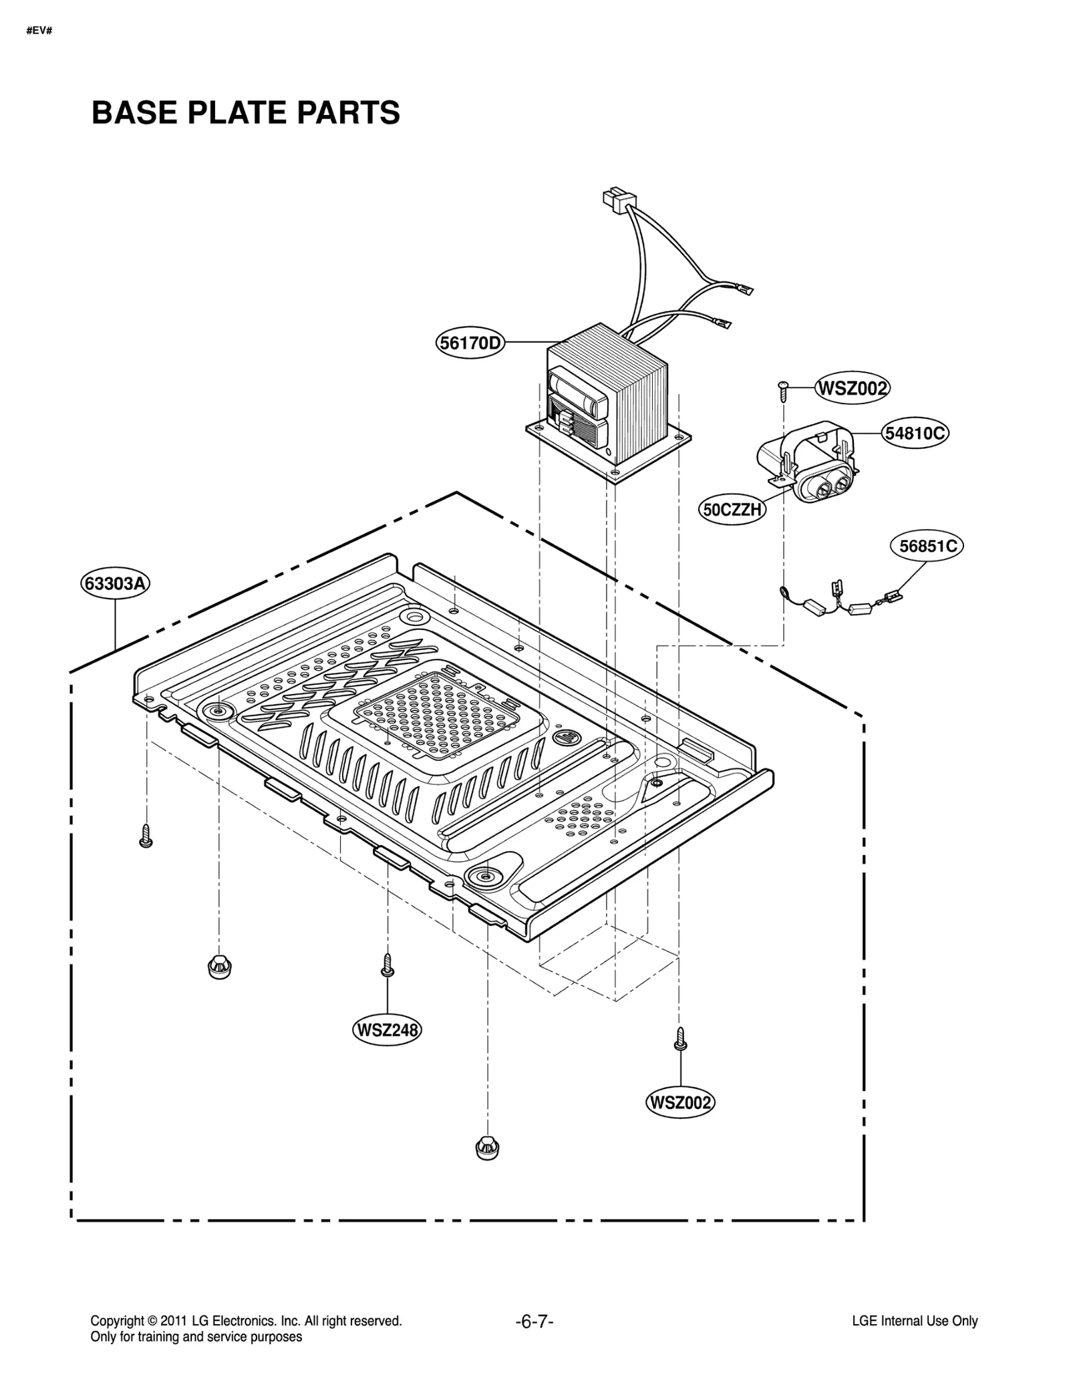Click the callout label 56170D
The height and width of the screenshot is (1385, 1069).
pyautogui.click(x=470, y=343)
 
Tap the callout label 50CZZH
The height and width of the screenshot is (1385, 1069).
pyautogui.click(x=732, y=510)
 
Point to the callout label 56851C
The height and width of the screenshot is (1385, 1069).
pyautogui.click(x=927, y=547)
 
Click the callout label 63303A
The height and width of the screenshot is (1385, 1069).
pyautogui.click(x=116, y=583)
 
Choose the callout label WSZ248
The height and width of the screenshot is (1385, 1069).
pyautogui.click(x=387, y=1030)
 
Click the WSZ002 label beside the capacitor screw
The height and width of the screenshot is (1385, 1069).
pyautogui.click(x=852, y=388)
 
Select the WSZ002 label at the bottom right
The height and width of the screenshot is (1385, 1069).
pyautogui.click(x=679, y=1102)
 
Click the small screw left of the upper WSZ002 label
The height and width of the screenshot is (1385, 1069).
pyautogui.click(x=783, y=390)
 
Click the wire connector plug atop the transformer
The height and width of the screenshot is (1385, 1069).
pyautogui.click(x=619, y=199)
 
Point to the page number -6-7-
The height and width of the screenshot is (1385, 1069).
pyautogui.click(x=534, y=1321)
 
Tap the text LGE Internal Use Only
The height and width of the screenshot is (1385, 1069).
pyautogui.click(x=914, y=1321)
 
